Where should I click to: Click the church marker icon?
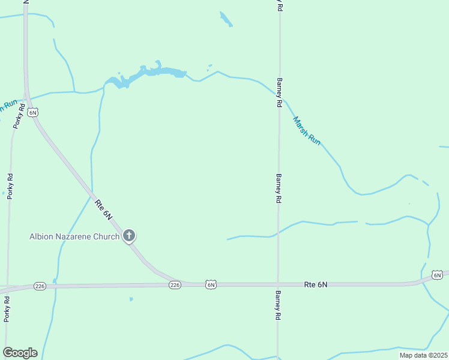pyautogui.click(x=128, y=236)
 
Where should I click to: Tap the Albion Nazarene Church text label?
pyautogui.click(x=74, y=236)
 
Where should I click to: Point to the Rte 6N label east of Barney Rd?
pyautogui.click(x=315, y=284)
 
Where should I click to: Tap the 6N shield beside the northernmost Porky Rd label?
pyautogui.click(x=33, y=112)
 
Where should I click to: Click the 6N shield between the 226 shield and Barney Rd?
pyautogui.click(x=210, y=284)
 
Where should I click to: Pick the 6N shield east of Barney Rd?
pyautogui.click(x=437, y=275)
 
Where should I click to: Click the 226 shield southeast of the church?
pyautogui.click(x=174, y=284)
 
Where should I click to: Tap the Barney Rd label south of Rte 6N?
pyautogui.click(x=278, y=305)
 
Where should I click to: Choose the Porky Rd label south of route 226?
pyautogui.click(x=7, y=310)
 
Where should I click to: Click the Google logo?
pyautogui.click(x=20, y=353)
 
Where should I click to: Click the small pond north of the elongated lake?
pyautogui.click(x=226, y=19)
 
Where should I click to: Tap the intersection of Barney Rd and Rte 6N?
pyautogui.click(x=278, y=284)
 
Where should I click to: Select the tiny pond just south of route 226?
pyautogui.click(x=131, y=299)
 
